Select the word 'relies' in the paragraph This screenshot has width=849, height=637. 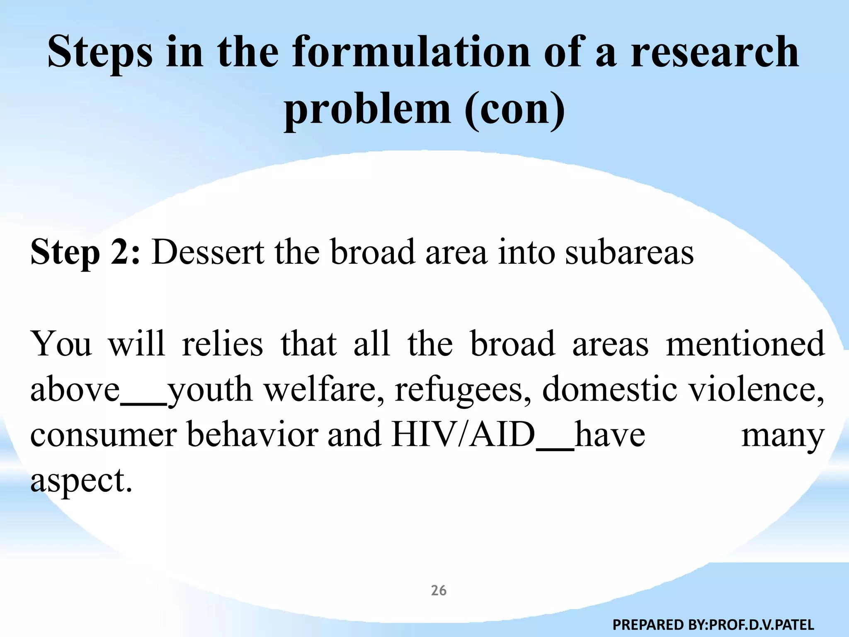222,344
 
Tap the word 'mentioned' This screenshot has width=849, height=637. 745,344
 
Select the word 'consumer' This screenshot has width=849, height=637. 104,435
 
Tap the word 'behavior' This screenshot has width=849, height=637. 252,435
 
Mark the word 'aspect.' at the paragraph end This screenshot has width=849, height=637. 81,481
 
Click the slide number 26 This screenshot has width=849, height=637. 439,591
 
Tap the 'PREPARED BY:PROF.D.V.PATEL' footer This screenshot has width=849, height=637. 713,624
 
